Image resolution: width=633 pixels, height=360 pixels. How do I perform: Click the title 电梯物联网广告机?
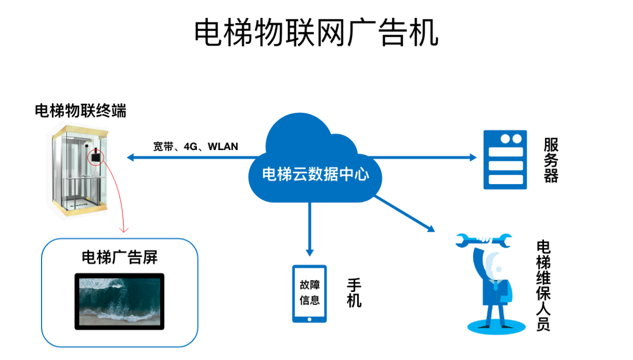(316, 32)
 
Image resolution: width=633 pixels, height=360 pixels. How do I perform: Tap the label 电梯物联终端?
(80, 111)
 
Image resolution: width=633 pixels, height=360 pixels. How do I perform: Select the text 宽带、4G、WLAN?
(195, 146)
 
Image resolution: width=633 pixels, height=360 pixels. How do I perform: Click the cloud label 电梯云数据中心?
(315, 174)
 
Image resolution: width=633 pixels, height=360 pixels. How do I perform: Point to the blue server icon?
(505, 160)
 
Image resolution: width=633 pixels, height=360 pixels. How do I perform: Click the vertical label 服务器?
(551, 160)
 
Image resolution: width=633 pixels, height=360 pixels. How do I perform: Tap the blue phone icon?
(309, 294)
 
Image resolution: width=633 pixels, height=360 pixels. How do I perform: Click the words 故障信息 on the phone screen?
(310, 293)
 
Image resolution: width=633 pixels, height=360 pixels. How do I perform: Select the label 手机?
(354, 293)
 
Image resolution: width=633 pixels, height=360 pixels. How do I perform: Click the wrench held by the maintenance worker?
(484, 240)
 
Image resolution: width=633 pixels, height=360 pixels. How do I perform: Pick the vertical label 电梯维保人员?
(543, 286)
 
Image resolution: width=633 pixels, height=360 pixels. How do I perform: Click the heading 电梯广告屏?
(119, 257)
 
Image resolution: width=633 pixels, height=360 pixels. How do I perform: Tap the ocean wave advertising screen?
(119, 302)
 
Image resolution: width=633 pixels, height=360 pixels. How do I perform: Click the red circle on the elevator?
(96, 157)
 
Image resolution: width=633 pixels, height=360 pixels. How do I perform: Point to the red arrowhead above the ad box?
(124, 230)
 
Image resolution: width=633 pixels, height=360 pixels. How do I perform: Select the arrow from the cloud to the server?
(423, 158)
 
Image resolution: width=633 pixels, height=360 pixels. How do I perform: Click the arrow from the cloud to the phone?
(310, 229)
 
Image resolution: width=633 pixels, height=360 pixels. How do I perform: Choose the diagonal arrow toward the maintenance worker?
(405, 214)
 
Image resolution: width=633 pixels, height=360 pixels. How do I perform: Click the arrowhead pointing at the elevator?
(131, 158)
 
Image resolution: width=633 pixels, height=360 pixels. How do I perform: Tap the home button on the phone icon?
(309, 319)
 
